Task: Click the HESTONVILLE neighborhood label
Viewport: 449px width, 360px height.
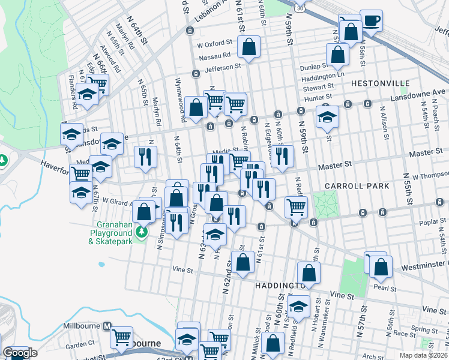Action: coord(380,83)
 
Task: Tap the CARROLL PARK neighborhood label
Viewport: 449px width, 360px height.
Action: coord(357,186)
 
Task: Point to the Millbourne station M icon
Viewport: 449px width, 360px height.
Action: coord(107,326)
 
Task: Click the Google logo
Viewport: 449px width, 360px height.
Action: coord(20,353)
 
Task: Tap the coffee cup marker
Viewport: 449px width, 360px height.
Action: coord(371,21)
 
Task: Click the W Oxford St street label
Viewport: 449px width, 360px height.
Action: coord(214,43)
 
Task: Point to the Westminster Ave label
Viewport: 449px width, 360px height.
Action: coord(420,253)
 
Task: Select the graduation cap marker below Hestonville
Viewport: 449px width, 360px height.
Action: coord(327,116)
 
